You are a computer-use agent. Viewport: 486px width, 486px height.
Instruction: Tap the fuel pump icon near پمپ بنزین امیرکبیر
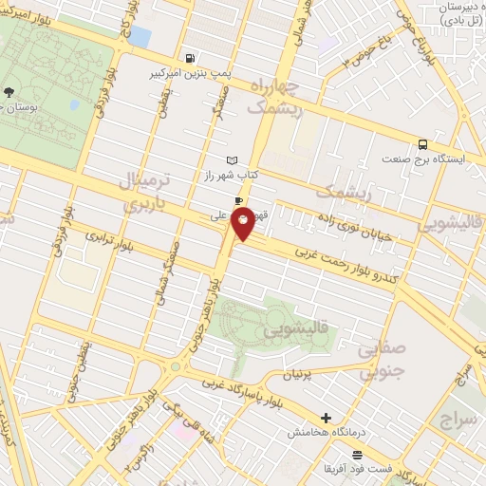pos(193,57)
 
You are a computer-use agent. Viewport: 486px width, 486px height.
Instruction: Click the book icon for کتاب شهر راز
pos(233,160)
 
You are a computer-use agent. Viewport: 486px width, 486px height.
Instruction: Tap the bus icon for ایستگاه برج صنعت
pos(422,145)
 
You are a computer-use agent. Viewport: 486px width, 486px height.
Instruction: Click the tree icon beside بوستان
pos(9,93)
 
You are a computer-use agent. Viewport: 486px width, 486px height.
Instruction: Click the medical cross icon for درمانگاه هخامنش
pos(326,417)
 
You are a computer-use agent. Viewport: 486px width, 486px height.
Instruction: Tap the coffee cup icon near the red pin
pos(237,199)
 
